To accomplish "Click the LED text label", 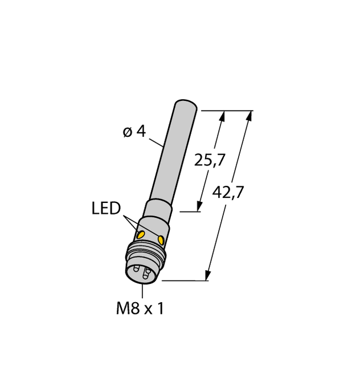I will (x=106, y=209).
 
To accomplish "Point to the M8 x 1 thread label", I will (x=140, y=308).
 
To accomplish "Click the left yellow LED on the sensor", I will (x=140, y=233).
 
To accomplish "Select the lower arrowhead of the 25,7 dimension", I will (x=200, y=206).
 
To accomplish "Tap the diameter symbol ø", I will (x=127, y=132).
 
